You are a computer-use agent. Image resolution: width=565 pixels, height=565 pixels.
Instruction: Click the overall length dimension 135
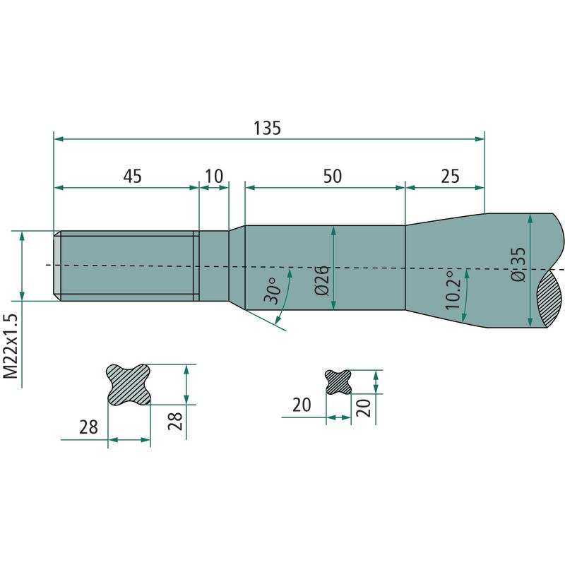(267, 128)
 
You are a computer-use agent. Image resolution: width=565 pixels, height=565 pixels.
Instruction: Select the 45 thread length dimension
(133, 176)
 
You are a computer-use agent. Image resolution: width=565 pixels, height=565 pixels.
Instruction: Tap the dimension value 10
(214, 176)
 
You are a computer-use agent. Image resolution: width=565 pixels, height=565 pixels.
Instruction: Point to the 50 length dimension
(332, 176)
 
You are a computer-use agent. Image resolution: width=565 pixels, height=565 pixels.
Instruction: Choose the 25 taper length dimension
(450, 176)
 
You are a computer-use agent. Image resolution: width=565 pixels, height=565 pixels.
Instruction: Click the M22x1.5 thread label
(11, 346)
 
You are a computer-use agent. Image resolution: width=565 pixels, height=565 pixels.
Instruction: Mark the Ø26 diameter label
(322, 280)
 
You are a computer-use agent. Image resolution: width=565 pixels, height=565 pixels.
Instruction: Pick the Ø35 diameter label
(518, 264)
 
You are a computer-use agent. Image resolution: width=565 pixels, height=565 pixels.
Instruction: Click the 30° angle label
(273, 290)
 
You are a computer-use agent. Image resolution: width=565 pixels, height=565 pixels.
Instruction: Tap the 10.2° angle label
(453, 290)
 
